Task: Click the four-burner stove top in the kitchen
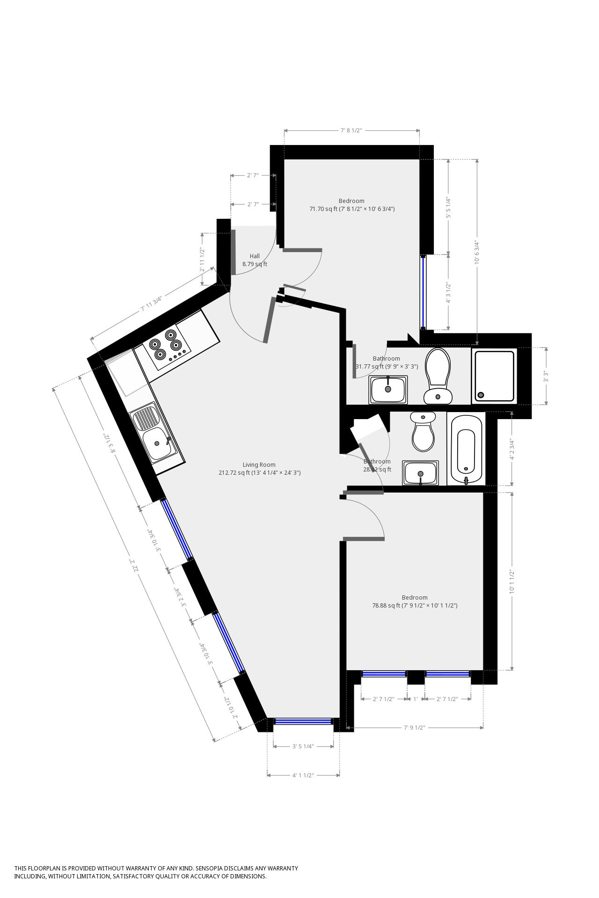tap(167, 346)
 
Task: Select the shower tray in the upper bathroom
tap(494, 376)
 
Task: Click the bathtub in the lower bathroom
tap(466, 449)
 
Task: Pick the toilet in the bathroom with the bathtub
tap(423, 432)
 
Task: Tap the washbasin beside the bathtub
tap(420, 473)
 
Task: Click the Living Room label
tap(259, 464)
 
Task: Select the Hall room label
tap(255, 256)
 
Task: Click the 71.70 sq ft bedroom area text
tap(351, 209)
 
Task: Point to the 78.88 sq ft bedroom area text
tap(414, 605)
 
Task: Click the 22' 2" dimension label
tap(137, 566)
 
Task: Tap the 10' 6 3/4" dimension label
tap(477, 253)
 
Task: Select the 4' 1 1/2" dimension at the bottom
tap(303, 775)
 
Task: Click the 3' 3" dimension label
tap(545, 376)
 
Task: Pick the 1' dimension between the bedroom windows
tap(415, 699)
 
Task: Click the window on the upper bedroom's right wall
tap(423, 292)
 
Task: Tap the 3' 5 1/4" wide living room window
tap(303, 721)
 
